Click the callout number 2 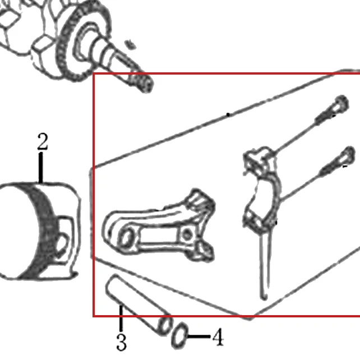(43, 142)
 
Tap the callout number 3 (121, 342)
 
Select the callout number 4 (218, 337)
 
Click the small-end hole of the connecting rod (126, 238)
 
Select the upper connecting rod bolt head (341, 104)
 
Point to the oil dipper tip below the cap (264, 298)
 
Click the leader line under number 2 (40, 168)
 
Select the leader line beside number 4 (199, 336)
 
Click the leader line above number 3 (121, 318)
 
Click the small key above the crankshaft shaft (131, 44)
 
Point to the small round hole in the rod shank (187, 234)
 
